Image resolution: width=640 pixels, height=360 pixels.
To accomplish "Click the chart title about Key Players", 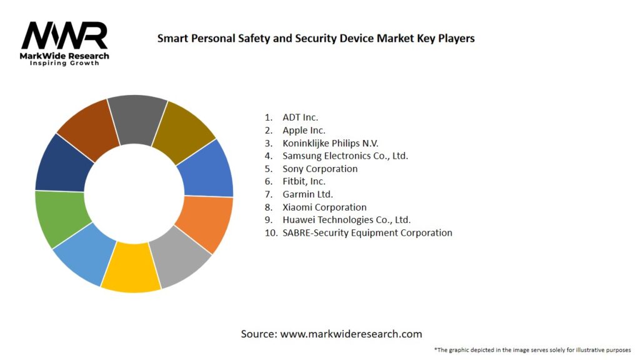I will click(316, 39).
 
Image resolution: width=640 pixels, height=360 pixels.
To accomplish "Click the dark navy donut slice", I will click(61, 164).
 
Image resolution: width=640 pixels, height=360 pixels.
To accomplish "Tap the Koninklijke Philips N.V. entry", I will click(330, 143).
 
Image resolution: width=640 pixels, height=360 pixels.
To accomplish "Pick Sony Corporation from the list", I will click(320, 169).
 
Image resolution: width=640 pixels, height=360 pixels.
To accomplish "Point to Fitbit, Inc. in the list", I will click(304, 181).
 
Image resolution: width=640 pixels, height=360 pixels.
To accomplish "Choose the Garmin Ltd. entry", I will click(307, 194).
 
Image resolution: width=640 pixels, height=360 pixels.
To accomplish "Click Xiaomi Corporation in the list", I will click(324, 207).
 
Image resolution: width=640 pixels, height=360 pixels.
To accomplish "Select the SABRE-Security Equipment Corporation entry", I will click(367, 232).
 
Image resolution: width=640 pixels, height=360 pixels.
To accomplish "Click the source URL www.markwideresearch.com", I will click(351, 334).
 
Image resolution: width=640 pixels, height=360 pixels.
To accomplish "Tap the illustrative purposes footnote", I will click(532, 350).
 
